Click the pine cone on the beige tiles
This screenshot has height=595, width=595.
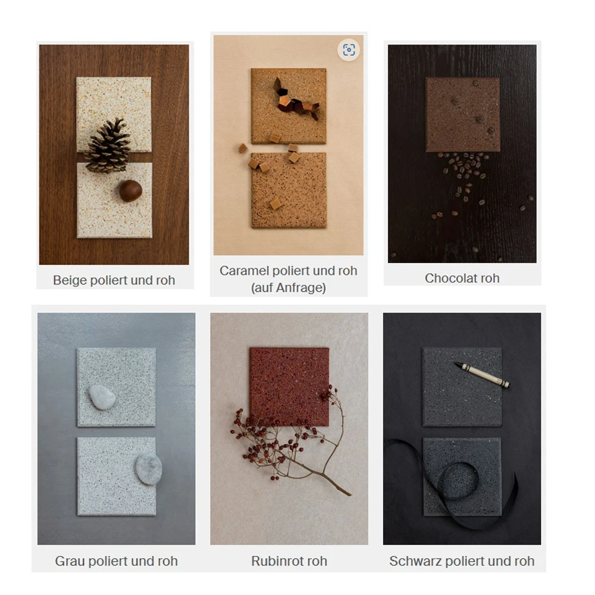point(108,146)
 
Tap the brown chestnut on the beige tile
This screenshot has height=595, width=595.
point(130,190)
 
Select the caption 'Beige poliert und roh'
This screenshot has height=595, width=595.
point(114,280)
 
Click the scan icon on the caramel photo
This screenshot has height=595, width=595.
point(349,50)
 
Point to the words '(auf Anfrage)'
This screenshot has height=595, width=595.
point(289,287)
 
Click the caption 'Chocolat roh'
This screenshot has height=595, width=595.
point(462,278)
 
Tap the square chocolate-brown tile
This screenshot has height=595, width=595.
point(462,115)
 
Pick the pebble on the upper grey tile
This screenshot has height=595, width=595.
point(102,397)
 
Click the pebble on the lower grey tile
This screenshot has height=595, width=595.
point(149,469)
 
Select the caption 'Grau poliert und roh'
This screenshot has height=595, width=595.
point(116,561)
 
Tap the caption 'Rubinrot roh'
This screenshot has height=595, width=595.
point(289,561)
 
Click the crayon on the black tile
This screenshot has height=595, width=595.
point(482,374)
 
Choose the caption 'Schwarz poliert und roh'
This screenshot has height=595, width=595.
point(462,561)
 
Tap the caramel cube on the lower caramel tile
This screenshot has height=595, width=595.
point(275,203)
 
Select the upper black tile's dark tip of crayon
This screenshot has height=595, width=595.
point(458,365)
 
